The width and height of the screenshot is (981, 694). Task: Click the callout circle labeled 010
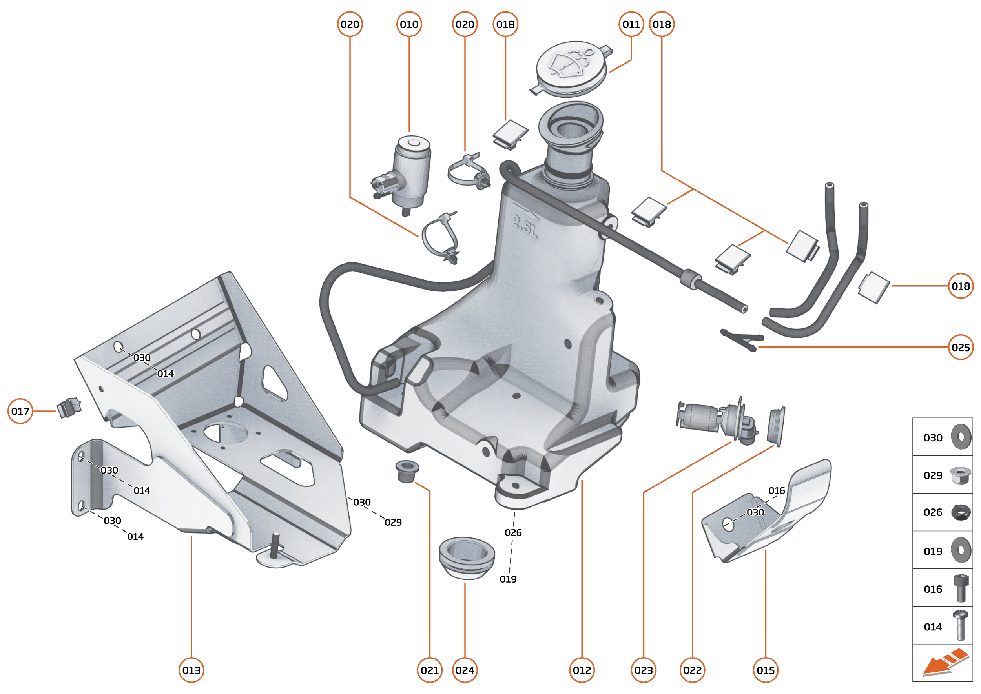tap(409, 24)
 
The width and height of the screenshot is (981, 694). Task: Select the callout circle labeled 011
tap(631, 24)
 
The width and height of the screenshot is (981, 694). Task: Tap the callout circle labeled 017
tap(20, 411)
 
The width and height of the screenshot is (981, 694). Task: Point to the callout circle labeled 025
tap(961, 347)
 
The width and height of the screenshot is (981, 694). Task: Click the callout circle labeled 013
tap(191, 670)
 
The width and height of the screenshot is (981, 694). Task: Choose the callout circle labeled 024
tap(465, 670)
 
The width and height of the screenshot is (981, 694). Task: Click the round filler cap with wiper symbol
tap(571, 68)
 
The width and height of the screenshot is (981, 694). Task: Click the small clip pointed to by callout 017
tap(68, 408)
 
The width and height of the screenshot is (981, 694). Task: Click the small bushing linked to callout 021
tap(406, 471)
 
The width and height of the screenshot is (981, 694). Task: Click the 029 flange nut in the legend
tap(960, 475)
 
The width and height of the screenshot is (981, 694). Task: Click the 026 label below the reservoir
tap(513, 532)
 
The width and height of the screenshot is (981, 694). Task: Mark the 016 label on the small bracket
tap(776, 490)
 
